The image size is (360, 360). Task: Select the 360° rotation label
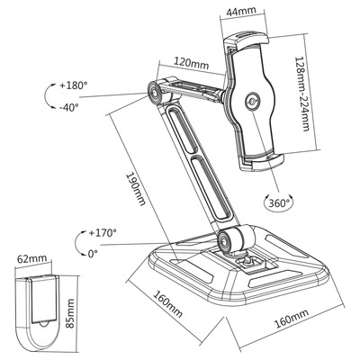(278, 203)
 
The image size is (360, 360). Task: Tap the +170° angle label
(103, 233)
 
